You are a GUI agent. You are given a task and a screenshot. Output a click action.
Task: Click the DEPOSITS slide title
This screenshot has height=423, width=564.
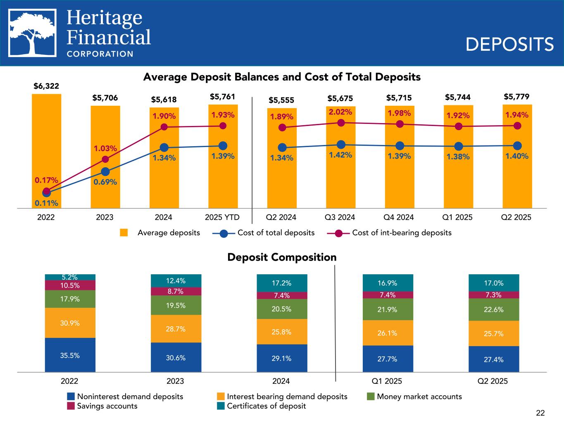pyautogui.click(x=509, y=44)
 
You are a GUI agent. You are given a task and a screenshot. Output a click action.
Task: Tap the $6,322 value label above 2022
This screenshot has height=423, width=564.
pyautogui.click(x=46, y=86)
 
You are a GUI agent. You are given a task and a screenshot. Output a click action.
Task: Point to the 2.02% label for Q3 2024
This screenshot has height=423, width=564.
pyautogui.click(x=340, y=112)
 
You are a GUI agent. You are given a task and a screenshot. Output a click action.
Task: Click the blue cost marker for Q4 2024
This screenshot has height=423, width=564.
pyautogui.click(x=400, y=146)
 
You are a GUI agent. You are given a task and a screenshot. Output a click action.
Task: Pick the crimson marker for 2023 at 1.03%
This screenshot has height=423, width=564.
pyautogui.click(x=105, y=159)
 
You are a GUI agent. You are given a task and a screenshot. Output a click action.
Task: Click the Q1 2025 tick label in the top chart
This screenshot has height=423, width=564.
pyautogui.click(x=457, y=217)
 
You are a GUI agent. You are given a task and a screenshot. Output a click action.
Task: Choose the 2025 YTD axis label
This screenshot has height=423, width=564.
pyautogui.click(x=222, y=217)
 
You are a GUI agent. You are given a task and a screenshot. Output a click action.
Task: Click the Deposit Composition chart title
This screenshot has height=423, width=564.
pyautogui.click(x=282, y=257)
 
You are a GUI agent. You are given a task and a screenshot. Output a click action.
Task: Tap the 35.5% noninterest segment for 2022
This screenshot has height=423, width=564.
pyautogui.click(x=70, y=355)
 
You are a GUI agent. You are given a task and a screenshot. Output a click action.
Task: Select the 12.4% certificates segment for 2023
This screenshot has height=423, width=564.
pyautogui.click(x=176, y=281)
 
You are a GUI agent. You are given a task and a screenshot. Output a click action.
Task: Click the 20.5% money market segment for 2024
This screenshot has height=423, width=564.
pyautogui.click(x=281, y=309)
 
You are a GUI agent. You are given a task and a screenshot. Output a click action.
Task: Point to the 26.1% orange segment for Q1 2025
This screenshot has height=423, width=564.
pyautogui.click(x=387, y=333)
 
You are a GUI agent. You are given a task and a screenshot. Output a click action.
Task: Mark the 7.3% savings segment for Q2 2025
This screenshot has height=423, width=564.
pyautogui.click(x=493, y=295)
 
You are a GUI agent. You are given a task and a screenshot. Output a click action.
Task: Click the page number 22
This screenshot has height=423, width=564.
pyautogui.click(x=540, y=413)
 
